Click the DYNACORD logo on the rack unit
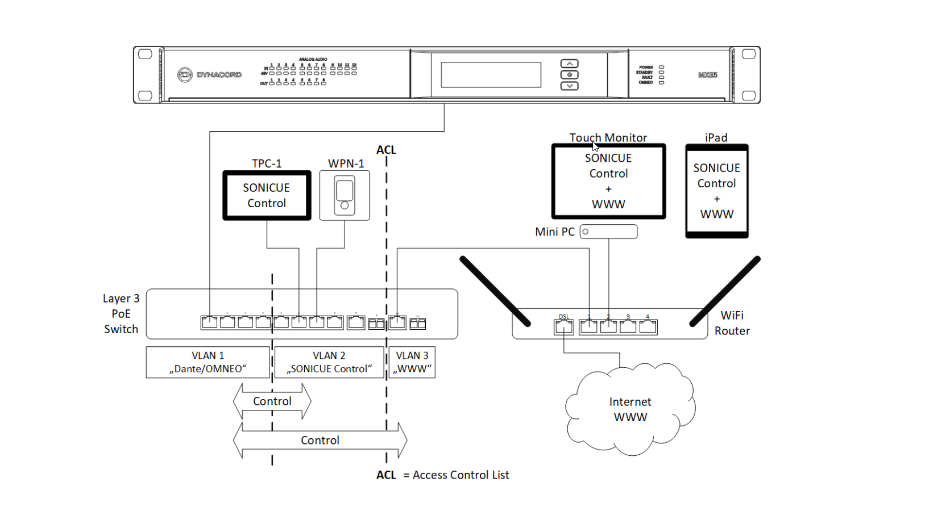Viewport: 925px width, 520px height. (x=209, y=74)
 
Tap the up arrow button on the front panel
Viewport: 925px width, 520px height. (x=569, y=64)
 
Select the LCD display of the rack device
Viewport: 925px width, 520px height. (x=491, y=75)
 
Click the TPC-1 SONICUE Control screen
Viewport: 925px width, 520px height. (x=267, y=195)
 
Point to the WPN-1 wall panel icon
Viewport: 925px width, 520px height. (x=345, y=195)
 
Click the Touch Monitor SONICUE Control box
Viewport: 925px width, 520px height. (x=608, y=181)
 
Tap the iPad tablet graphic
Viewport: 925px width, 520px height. (x=716, y=191)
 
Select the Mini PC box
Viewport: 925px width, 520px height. (x=608, y=232)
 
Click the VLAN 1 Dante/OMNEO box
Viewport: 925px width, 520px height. (x=208, y=362)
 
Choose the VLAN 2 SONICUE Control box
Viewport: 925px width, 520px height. (x=329, y=362)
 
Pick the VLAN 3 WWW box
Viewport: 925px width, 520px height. (x=412, y=362)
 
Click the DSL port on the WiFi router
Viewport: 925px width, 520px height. (x=563, y=326)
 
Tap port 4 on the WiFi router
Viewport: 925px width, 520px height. (x=648, y=326)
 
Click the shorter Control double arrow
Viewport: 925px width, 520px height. (x=272, y=401)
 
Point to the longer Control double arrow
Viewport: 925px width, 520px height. (x=320, y=441)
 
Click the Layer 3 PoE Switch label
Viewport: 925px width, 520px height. (x=121, y=314)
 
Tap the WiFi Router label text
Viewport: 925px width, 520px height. (x=732, y=323)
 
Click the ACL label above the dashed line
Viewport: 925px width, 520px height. (x=386, y=150)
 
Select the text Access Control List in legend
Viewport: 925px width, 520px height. (x=461, y=475)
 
